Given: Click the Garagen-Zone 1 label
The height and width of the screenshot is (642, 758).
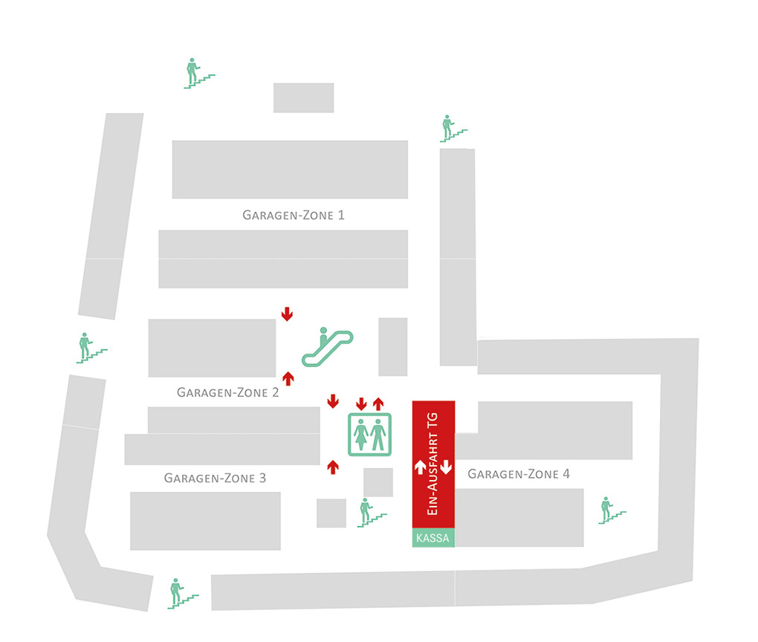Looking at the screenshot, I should coord(294,215).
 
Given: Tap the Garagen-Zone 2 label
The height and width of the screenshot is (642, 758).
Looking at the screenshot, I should coord(227,392).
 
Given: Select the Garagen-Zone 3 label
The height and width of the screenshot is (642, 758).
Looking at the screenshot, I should coord(215,478).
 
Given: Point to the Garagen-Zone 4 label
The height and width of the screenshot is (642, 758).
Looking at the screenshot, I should coord(519,473).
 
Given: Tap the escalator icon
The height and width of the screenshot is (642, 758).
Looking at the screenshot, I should coord(327,347).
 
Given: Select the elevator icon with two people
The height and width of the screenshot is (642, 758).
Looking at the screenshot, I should coord(370,433).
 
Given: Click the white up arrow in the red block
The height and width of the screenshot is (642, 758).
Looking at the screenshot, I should coord(420,467).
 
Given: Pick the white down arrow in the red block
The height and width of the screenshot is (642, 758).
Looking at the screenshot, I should coord(446,467).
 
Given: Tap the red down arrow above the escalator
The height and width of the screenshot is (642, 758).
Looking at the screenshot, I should coord(287,314).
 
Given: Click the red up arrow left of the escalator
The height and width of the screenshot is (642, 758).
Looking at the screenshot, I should coord(288,378).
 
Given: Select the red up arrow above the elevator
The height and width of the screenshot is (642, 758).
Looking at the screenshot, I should coord(378,403).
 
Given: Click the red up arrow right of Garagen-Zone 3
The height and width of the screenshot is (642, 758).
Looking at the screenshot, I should coord(333,467).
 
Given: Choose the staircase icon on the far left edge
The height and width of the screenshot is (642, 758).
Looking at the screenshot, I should coord(91,348).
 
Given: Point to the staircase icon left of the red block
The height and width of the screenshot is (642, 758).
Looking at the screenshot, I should coord(370,513).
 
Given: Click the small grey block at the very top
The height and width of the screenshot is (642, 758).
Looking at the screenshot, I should coord(303,97).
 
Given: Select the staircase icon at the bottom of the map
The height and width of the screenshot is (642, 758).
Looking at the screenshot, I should coord(181,593).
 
